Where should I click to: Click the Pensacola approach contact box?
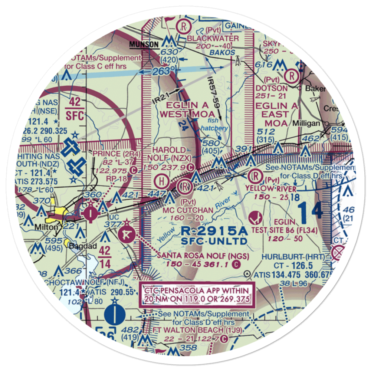coord(196,295)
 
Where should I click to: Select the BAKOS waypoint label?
coord(222,52)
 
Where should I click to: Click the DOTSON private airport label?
coord(272,88)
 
